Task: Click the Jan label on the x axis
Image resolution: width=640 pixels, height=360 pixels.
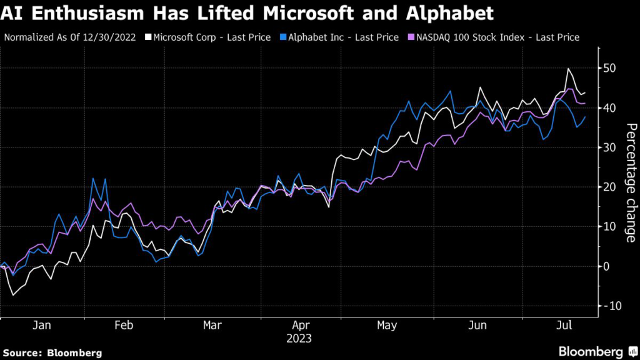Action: pyautogui.click(x=42, y=326)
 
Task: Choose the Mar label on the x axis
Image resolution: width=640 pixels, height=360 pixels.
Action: pyautogui.click(x=213, y=326)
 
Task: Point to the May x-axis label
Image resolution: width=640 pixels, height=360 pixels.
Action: pyautogui.click(x=387, y=326)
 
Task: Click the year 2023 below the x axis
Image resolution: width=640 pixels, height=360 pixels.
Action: pyautogui.click(x=299, y=339)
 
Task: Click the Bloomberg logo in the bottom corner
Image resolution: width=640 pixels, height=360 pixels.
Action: pyautogui.click(x=591, y=351)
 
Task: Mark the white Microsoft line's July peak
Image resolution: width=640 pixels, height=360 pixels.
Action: pyautogui.click(x=568, y=69)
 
